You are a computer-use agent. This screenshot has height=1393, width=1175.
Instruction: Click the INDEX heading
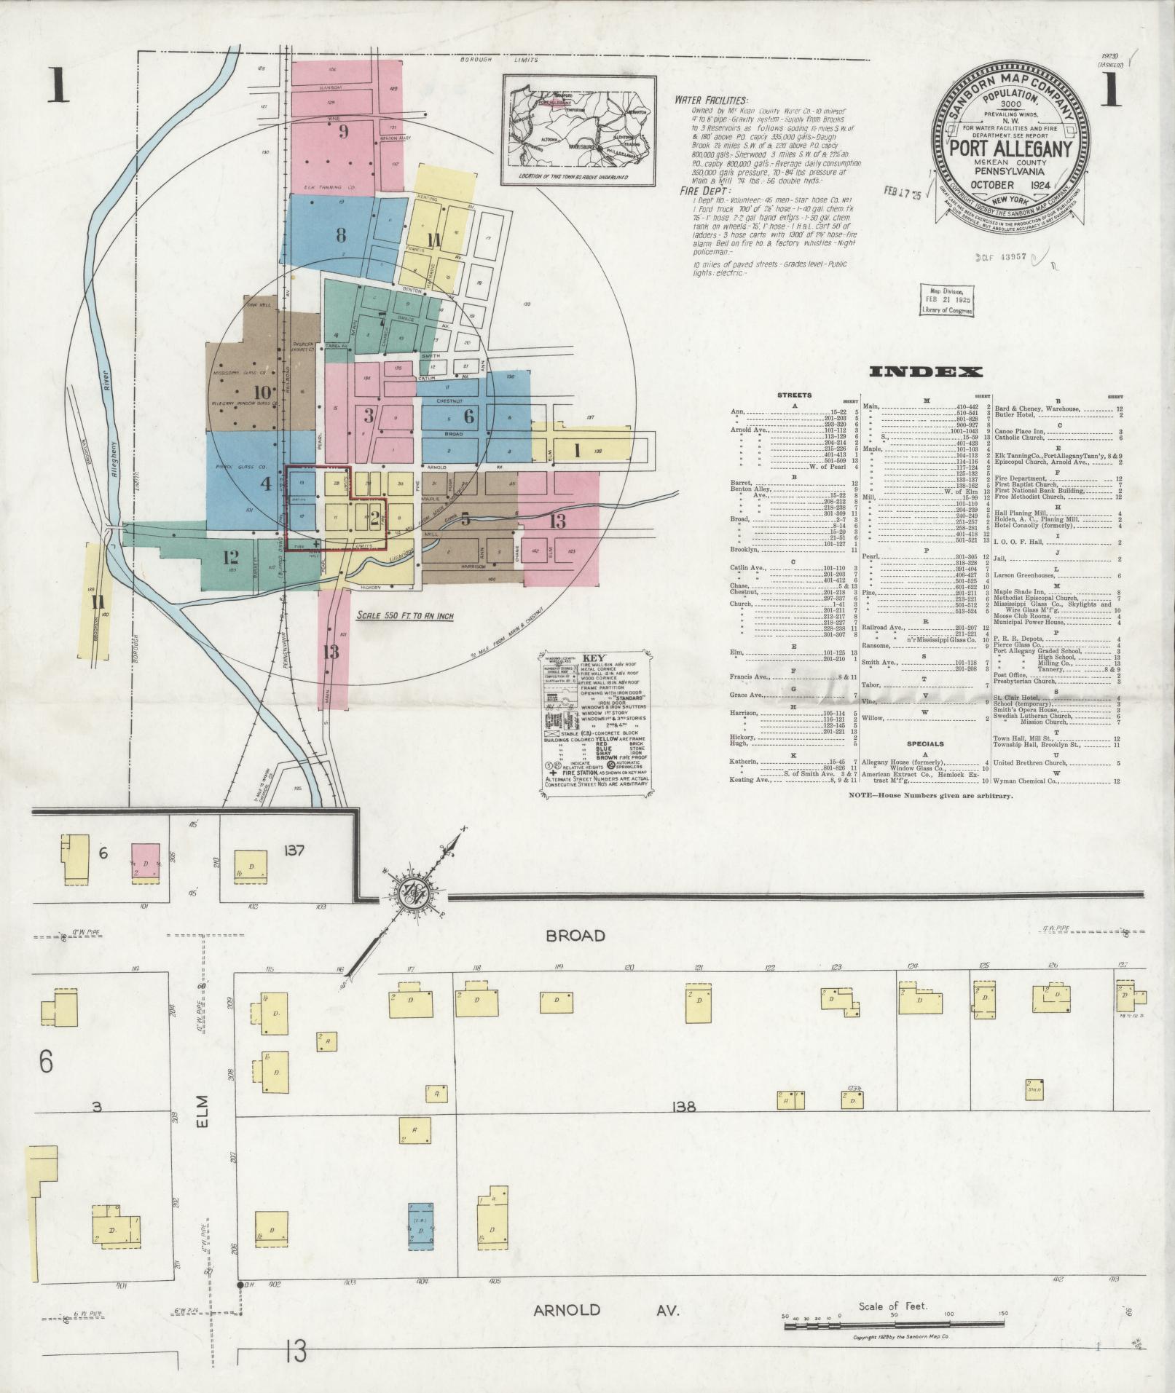coord(925,372)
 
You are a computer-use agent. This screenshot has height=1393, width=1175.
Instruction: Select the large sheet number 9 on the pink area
coord(344,132)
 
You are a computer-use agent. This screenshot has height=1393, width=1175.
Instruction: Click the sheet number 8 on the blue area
coord(340,234)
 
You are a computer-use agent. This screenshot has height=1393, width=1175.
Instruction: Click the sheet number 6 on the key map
coord(469,416)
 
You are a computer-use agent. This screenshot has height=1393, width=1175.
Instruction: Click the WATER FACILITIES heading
coord(711,100)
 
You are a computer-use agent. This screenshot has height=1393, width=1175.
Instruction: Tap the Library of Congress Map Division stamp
coord(947,299)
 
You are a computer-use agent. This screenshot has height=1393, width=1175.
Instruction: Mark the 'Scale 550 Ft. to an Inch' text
coord(405,615)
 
